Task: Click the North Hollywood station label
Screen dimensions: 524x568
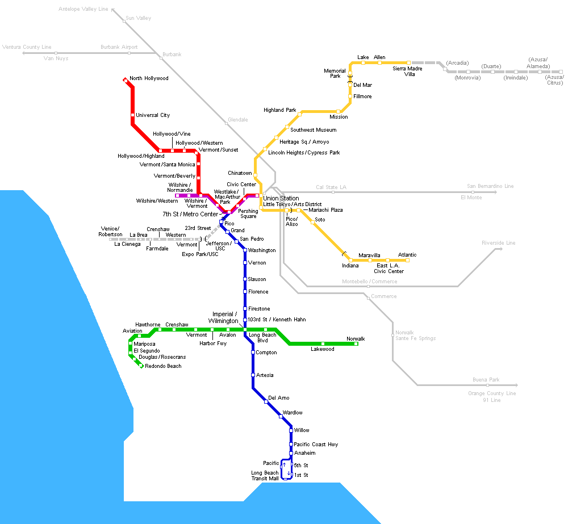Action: click(149, 78)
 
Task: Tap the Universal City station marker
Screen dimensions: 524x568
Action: click(132, 115)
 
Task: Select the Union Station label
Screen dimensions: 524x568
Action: click(281, 198)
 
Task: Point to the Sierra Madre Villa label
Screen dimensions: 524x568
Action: click(407, 72)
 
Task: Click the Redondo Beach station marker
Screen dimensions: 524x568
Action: click(141, 366)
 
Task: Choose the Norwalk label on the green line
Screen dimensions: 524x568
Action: click(356, 339)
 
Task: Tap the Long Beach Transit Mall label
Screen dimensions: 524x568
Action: click(265, 476)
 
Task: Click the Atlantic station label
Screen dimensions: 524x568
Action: click(407, 255)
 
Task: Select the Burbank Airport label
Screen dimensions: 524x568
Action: click(119, 47)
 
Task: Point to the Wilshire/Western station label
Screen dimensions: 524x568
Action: click(157, 201)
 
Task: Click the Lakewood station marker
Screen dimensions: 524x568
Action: click(323, 343)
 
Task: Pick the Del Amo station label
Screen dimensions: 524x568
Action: click(278, 398)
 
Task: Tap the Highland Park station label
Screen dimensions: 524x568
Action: click(279, 110)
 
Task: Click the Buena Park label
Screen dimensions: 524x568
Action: click(486, 379)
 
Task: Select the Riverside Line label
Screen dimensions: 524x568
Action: click(498, 243)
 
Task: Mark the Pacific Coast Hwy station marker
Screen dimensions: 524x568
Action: click(291, 444)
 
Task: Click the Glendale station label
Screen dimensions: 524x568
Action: click(237, 120)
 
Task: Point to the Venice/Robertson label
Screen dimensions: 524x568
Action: click(110, 231)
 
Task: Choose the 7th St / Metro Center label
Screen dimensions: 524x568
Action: click(190, 215)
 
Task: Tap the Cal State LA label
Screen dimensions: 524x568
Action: click(331, 187)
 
